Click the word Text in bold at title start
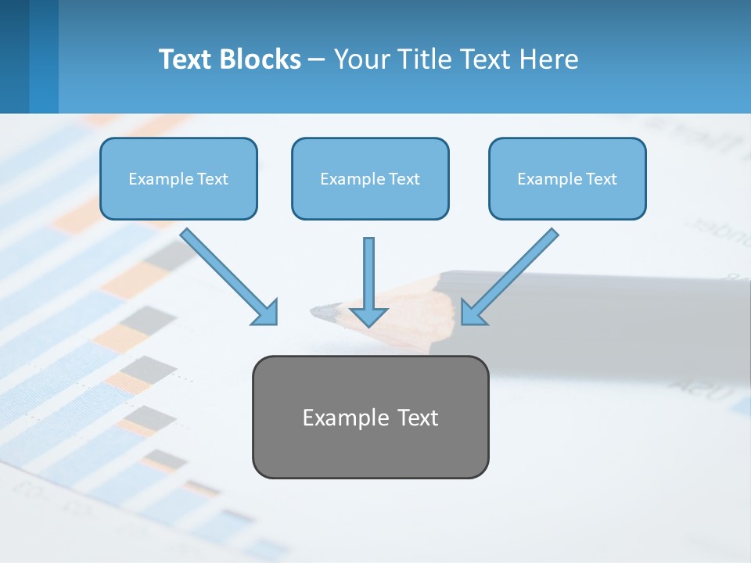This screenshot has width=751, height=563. click(188, 59)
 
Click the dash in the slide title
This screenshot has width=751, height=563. click(318, 60)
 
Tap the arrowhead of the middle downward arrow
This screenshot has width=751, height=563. click(368, 316)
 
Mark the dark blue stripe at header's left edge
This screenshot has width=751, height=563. click(14, 56)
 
